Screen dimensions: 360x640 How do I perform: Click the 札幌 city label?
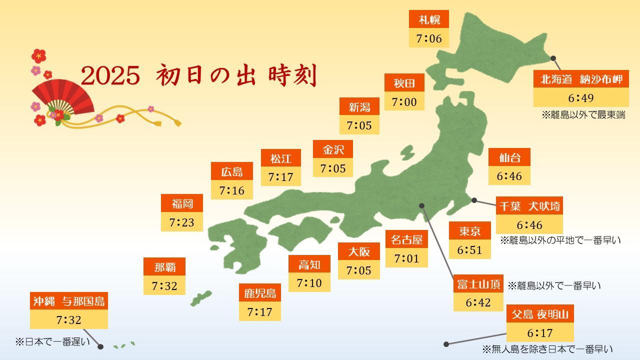(x=429, y=20)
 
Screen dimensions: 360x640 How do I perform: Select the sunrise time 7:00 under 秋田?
(x=404, y=102)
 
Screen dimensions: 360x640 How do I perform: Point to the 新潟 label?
(x=359, y=107)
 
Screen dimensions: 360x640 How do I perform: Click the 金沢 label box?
(x=333, y=149)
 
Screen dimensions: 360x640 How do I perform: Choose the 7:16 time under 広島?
(x=231, y=190)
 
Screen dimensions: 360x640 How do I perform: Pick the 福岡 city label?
(x=181, y=203)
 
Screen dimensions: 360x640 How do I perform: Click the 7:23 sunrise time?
(x=181, y=222)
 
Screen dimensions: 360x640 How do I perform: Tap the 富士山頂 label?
(x=478, y=284)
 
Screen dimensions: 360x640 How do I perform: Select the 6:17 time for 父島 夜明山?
(x=540, y=333)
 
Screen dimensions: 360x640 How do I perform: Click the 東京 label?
(x=469, y=231)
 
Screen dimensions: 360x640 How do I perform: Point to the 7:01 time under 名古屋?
(x=406, y=258)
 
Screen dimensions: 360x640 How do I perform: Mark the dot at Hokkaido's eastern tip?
(x=553, y=58)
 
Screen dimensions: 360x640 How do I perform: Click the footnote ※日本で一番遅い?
(x=52, y=342)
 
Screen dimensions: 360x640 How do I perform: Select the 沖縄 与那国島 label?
(x=69, y=301)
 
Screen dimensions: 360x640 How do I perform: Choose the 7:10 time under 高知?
(x=309, y=283)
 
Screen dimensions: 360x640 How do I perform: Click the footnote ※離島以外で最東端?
(x=583, y=115)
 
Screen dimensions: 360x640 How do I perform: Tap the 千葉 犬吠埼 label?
(x=529, y=206)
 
